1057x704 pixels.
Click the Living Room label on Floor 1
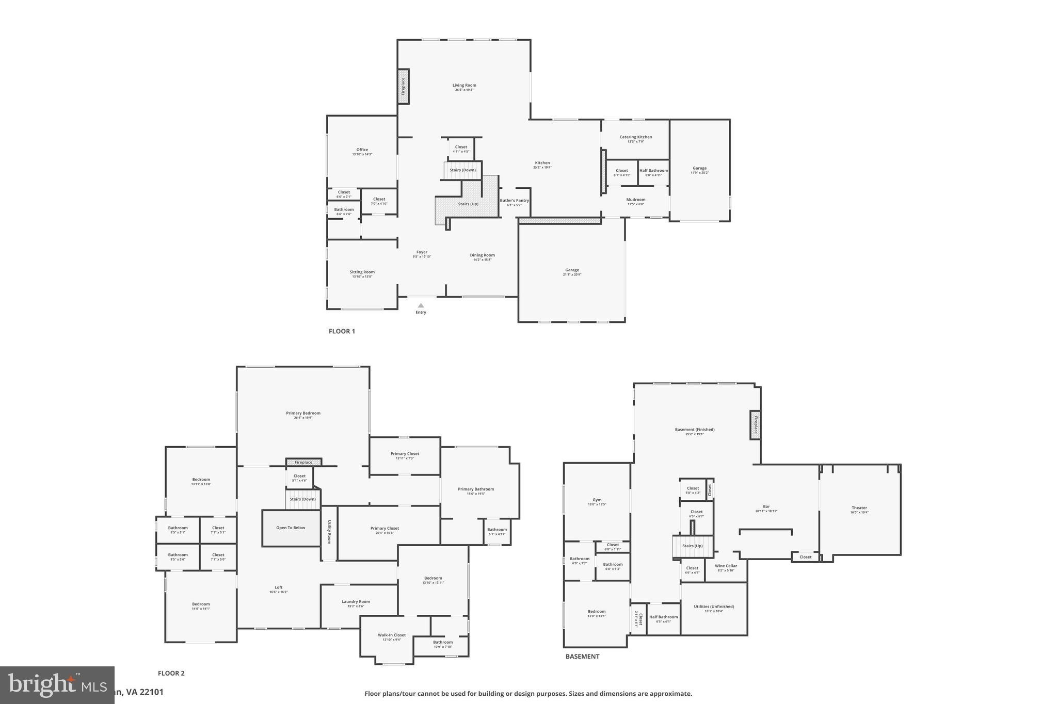(464, 86)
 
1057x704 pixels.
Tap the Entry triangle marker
(421, 305)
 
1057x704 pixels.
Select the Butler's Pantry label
(514, 201)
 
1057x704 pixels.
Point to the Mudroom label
(635, 200)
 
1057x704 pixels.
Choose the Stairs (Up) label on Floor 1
(468, 204)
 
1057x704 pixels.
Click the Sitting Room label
(362, 272)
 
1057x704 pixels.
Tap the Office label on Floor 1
(362, 150)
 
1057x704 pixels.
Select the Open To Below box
(291, 528)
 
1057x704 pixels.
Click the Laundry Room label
(356, 602)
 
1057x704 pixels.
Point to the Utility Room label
(329, 532)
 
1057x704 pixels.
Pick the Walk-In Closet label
(392, 635)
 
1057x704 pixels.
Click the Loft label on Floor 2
(278, 587)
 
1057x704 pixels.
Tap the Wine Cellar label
(726, 566)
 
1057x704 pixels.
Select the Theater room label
(859, 508)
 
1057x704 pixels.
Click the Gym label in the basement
(597, 500)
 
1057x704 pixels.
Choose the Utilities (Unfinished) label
(714, 607)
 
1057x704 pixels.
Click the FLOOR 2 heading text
(171, 673)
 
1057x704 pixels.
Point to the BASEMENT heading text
(582, 657)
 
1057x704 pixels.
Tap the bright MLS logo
(57, 684)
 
